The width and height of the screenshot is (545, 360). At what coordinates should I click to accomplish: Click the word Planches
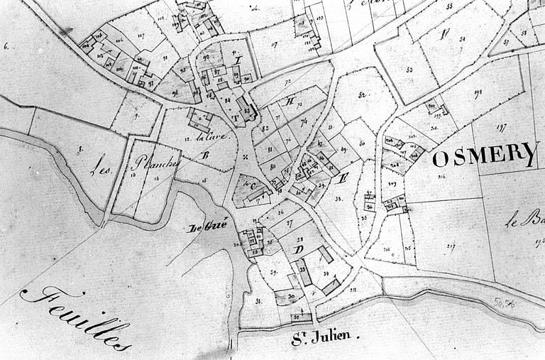click(156, 163)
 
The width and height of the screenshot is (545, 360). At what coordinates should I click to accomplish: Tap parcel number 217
click(451, 246)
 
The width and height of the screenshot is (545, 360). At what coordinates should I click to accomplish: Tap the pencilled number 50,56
click(505, 302)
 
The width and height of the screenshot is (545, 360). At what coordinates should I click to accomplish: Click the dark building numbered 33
click(303, 272)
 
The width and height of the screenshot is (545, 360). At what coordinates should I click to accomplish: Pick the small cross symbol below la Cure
click(245, 157)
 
